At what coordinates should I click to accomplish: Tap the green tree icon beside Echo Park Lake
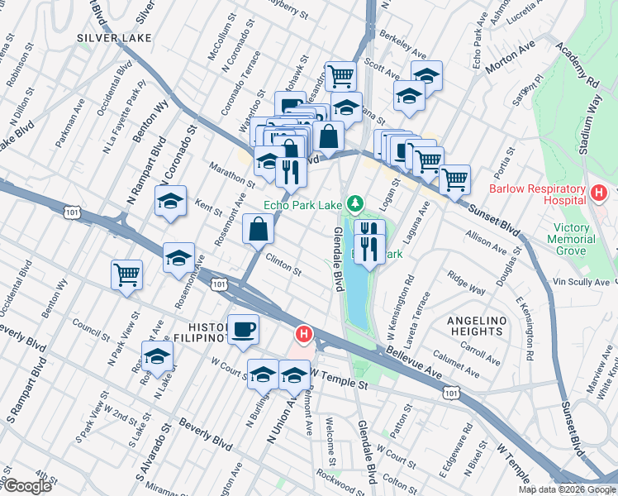point(354,203)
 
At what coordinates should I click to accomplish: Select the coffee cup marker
point(243,331)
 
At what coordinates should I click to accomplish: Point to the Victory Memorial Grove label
point(563,239)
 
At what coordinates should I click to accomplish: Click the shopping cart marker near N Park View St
point(127,274)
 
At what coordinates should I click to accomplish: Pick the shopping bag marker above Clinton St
point(258,228)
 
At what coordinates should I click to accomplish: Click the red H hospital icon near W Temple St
point(303,335)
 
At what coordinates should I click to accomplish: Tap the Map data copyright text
point(567,489)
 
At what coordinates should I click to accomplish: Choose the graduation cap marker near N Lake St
point(157,356)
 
